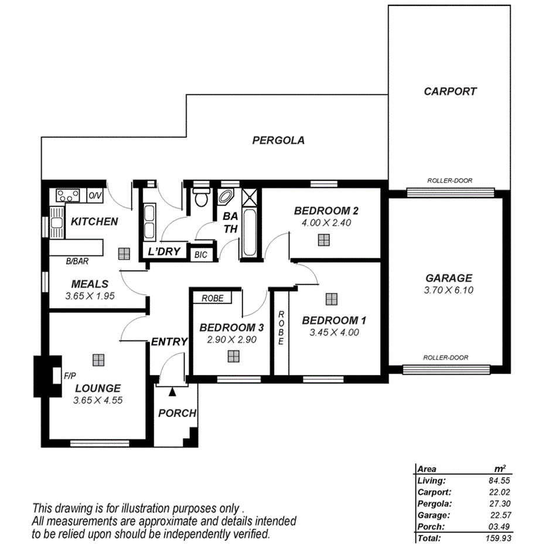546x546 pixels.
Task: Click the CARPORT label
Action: coord(450,91)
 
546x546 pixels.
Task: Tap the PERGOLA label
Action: coord(278,141)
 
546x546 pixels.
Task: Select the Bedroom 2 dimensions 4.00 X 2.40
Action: coord(326,223)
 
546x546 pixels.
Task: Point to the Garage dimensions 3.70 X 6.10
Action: coord(449,291)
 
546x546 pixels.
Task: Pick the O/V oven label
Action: coord(94,194)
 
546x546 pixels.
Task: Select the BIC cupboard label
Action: coord(200,255)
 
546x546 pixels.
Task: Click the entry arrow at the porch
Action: coord(173,390)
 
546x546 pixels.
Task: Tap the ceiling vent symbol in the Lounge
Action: coord(97,359)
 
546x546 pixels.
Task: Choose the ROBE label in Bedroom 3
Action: coord(212,298)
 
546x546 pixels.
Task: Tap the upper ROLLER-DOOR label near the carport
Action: coord(450,181)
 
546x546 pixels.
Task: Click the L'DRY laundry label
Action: coord(161,252)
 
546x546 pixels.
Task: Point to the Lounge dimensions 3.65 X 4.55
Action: coord(97,401)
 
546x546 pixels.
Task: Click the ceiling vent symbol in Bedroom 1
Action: coord(332,299)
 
